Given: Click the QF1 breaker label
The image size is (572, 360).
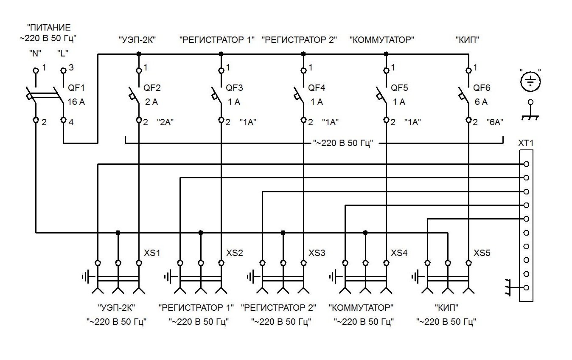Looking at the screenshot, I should [76, 88].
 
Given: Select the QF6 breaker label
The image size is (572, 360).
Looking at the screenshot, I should [482, 88].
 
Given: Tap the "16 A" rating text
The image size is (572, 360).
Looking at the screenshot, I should [76, 102].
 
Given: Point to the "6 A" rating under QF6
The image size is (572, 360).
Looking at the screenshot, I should [480, 102].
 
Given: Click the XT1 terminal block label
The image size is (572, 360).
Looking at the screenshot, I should [526, 143].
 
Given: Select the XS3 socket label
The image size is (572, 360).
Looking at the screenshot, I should [317, 253].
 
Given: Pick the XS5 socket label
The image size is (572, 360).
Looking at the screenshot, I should [482, 253].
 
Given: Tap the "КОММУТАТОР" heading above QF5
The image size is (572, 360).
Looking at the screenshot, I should [381, 40].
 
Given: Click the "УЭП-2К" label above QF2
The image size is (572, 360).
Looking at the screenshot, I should [137, 40].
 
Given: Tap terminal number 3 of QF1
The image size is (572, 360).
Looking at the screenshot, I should [71, 67].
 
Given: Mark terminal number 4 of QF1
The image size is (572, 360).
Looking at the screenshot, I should [71, 123].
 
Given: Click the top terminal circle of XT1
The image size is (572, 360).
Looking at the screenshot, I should [526, 164].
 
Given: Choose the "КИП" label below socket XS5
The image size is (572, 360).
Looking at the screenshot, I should [446, 307].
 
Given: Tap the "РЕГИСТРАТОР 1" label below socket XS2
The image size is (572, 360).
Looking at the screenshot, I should [196, 307].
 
